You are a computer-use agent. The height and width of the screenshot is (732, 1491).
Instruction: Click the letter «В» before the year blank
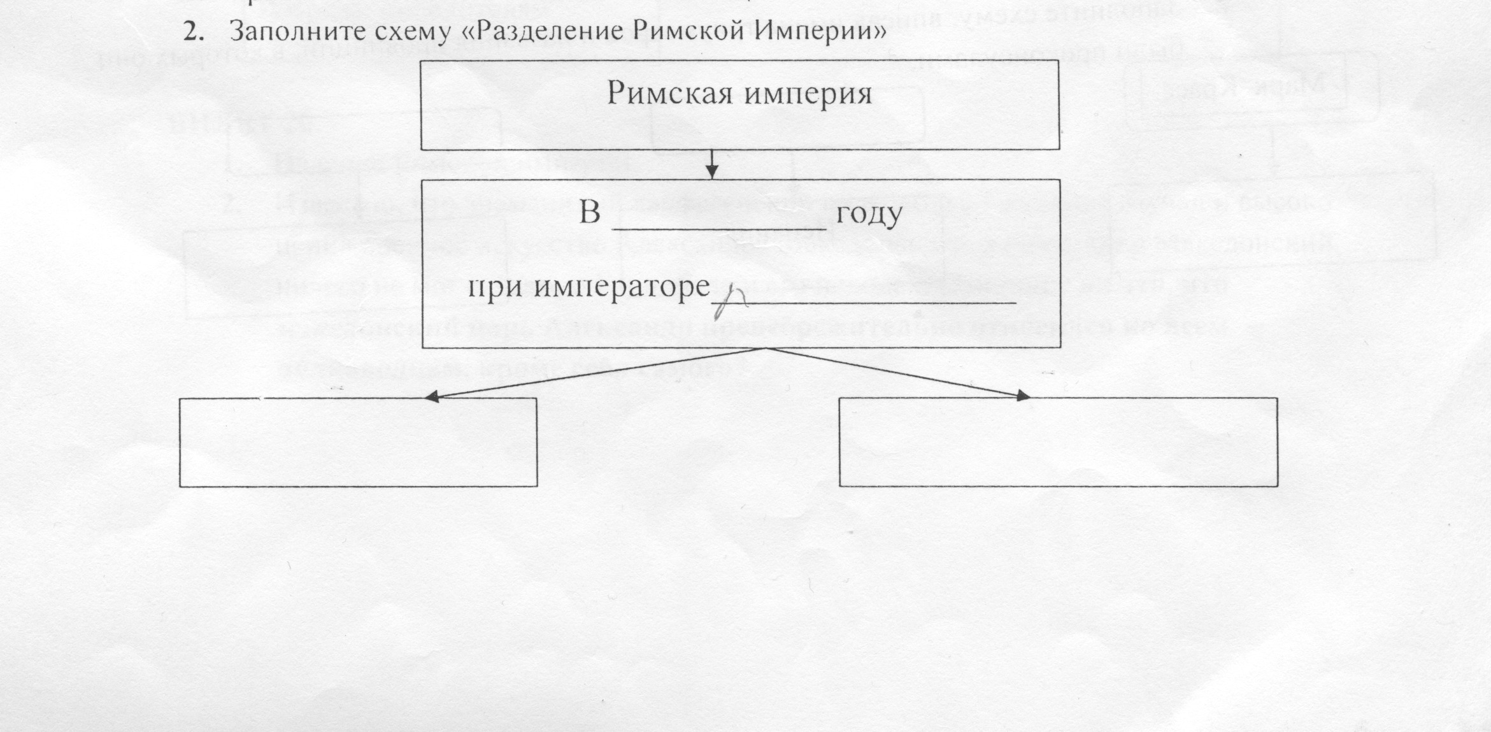pyautogui.click(x=590, y=213)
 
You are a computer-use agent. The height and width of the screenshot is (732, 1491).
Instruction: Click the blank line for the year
pyautogui.click(x=719, y=227)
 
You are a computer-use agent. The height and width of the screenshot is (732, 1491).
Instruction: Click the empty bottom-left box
pyautogui.click(x=358, y=442)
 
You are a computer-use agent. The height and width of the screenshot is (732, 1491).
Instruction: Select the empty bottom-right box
pyautogui.click(x=1058, y=442)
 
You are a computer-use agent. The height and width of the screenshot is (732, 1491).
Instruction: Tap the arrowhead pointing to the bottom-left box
pyautogui.click(x=432, y=396)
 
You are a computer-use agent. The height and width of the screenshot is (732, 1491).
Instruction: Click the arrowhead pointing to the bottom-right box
pyautogui.click(x=1022, y=396)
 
